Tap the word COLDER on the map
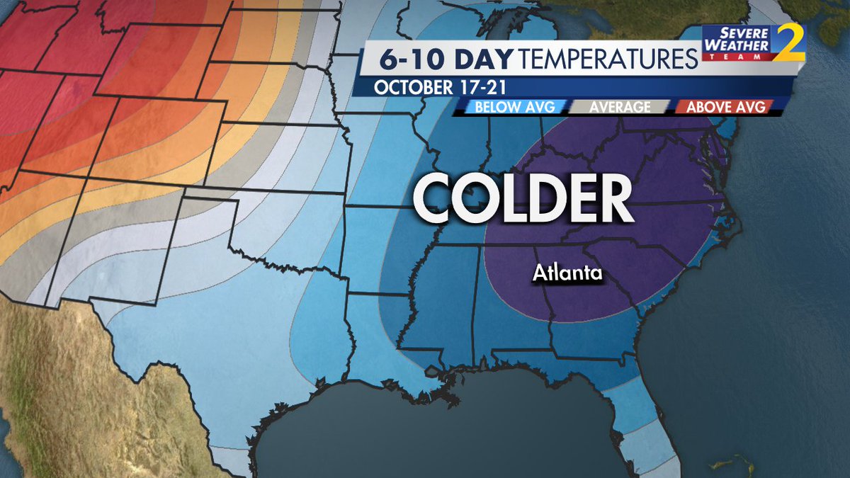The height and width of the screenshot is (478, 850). click(523, 199)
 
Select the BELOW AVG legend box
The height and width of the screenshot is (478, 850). click(510, 107)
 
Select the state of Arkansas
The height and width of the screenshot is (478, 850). click(386, 241)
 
